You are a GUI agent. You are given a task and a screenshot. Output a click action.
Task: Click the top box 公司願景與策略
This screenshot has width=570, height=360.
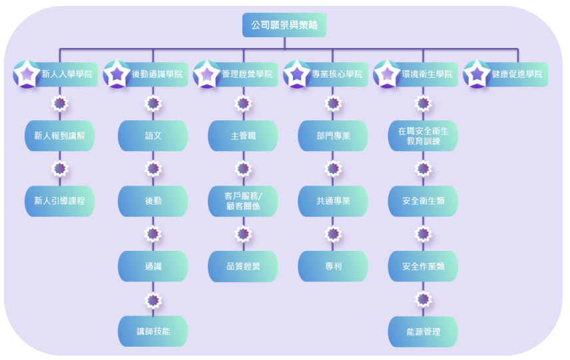(x=284, y=25)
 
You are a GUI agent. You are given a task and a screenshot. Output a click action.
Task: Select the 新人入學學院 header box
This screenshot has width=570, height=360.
(x=67, y=75)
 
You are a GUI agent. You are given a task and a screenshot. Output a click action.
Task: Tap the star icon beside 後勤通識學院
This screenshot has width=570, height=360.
(x=116, y=74)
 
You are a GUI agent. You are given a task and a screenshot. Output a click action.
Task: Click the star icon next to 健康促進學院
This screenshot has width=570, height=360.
(x=476, y=74)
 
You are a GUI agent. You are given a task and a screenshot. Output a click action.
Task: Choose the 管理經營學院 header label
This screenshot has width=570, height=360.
(x=247, y=75)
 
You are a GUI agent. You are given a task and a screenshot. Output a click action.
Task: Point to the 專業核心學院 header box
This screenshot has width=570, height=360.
(x=337, y=75)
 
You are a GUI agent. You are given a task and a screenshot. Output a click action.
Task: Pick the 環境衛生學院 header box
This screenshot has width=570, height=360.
(x=427, y=75)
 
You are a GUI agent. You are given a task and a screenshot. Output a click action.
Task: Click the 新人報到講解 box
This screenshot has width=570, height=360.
(x=59, y=136)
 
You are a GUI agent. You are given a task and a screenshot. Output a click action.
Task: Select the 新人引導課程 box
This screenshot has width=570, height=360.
(x=59, y=201)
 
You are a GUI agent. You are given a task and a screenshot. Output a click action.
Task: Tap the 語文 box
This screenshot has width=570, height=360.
(x=152, y=136)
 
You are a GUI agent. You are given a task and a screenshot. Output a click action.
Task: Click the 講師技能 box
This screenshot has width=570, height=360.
(x=152, y=331)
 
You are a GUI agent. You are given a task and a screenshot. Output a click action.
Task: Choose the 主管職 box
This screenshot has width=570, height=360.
(x=243, y=136)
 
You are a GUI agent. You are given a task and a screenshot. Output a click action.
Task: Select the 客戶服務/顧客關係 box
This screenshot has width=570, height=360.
(x=243, y=201)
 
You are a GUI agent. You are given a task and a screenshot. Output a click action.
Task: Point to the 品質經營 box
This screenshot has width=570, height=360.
(x=243, y=266)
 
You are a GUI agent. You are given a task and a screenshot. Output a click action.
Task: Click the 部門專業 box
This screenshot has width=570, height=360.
(x=333, y=136)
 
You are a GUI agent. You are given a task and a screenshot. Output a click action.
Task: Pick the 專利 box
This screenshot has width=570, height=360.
(x=333, y=266)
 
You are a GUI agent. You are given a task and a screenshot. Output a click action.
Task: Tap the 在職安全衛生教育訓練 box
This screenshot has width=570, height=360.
(x=423, y=136)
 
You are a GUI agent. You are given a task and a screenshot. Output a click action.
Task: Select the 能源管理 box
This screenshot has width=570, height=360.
(x=423, y=331)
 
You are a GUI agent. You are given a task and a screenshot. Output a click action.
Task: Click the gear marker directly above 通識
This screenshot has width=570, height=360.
(x=153, y=234)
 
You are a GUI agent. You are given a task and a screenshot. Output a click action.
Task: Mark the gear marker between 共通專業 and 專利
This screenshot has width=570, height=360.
(x=333, y=234)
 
